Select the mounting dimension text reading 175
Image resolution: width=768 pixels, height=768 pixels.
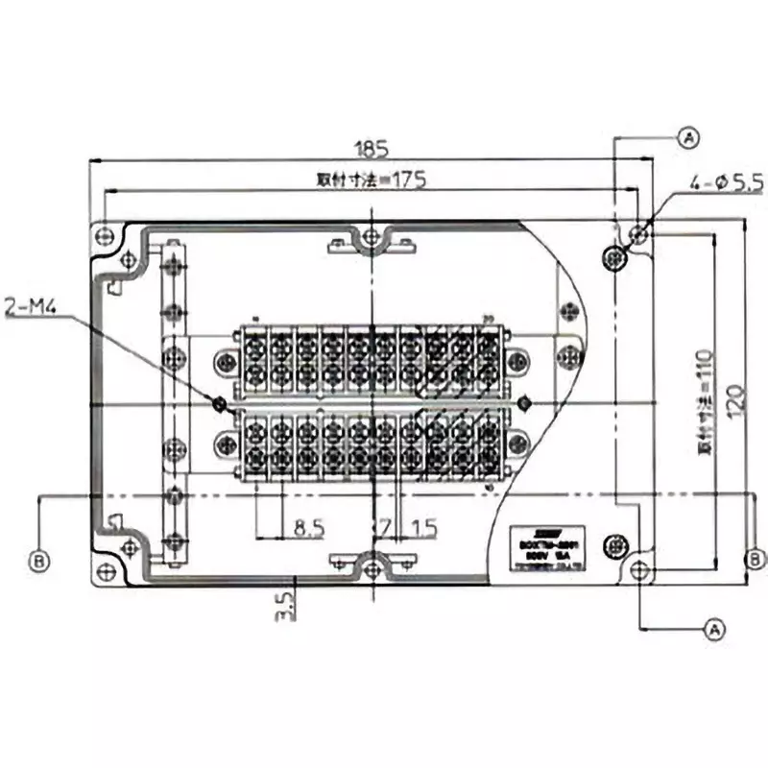[x=371, y=179]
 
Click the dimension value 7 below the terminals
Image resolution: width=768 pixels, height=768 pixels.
[x=384, y=528]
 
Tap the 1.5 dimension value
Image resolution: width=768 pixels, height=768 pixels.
[x=423, y=528]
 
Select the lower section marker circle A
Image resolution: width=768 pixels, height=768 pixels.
[x=712, y=629]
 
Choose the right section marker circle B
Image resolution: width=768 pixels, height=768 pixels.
[x=756, y=558]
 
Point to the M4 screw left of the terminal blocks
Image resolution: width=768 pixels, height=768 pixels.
[x=220, y=403]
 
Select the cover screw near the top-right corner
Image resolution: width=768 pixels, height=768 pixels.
[x=614, y=257]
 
